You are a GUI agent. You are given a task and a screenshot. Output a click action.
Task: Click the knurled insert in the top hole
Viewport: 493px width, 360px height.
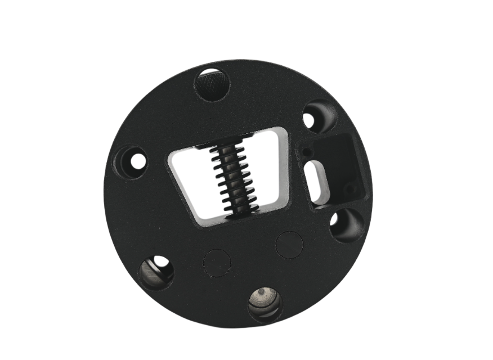point(212,84)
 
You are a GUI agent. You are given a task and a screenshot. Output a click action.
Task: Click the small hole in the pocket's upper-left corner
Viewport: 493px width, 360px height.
point(305,152)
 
